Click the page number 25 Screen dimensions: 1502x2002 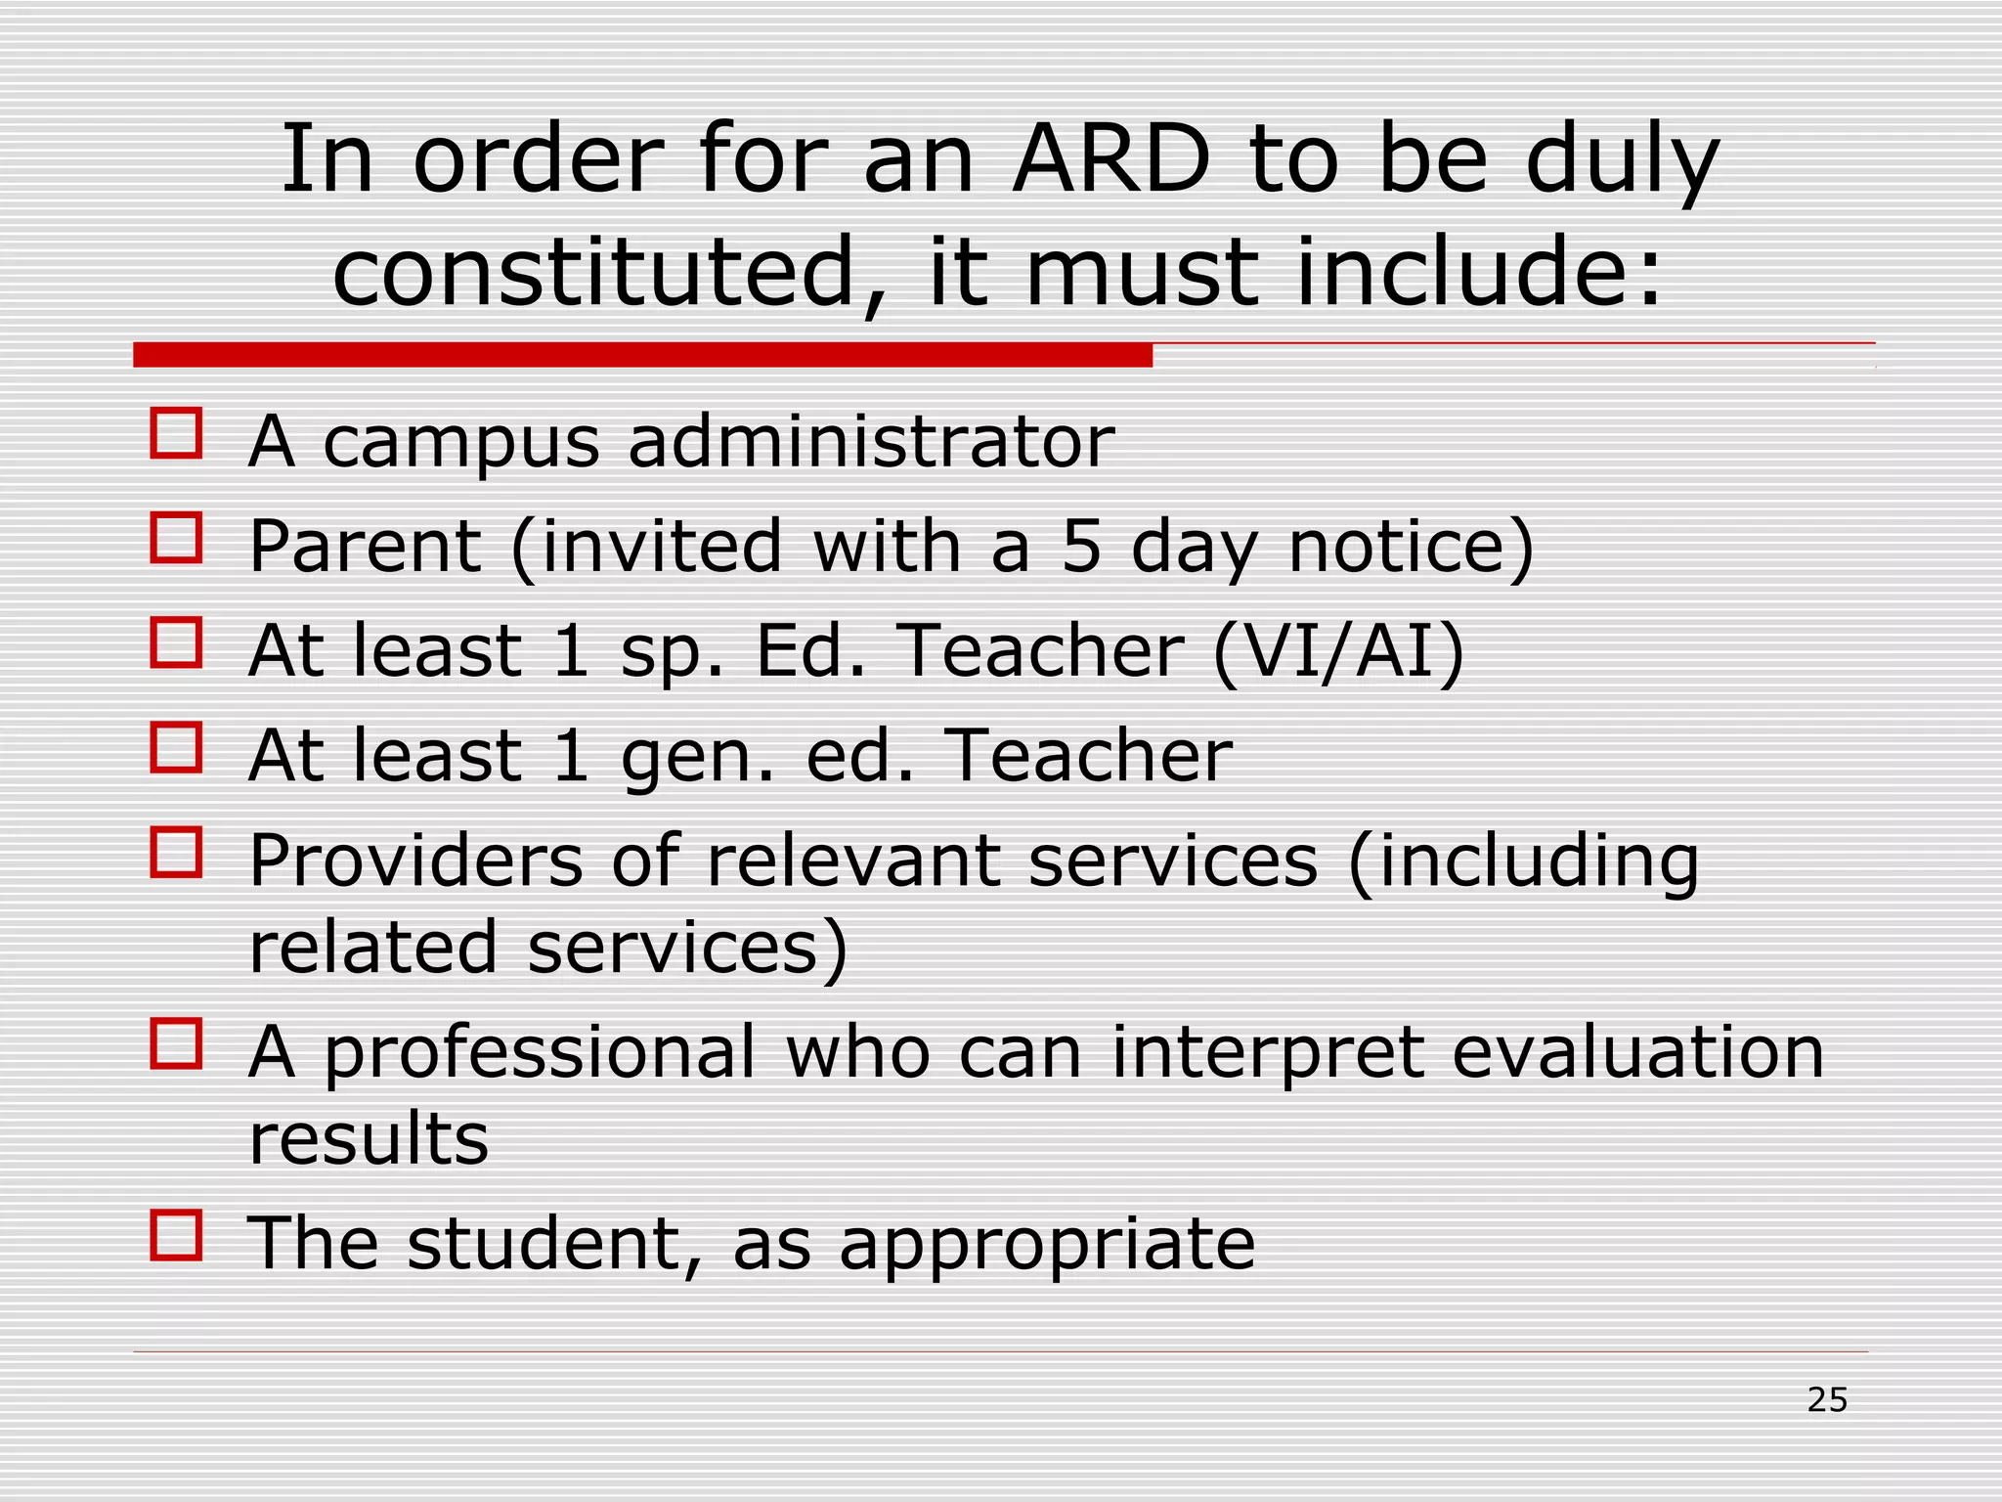[x=1827, y=1400]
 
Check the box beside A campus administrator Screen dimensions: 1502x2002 [x=176, y=434]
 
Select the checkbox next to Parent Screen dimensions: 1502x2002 [x=176, y=538]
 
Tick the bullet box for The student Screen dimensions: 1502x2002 [x=176, y=1235]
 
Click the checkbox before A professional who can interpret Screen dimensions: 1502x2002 [x=176, y=1043]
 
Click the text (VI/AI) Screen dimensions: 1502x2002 [x=1338, y=651]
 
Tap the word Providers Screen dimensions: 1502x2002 [x=415, y=861]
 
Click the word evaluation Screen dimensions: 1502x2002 [x=1638, y=1052]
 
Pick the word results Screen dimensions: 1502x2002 [x=369, y=1140]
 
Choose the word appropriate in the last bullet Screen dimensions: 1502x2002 [x=1047, y=1246]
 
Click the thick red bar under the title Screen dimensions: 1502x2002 [x=642, y=355]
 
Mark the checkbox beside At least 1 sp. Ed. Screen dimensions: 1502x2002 [x=176, y=642]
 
